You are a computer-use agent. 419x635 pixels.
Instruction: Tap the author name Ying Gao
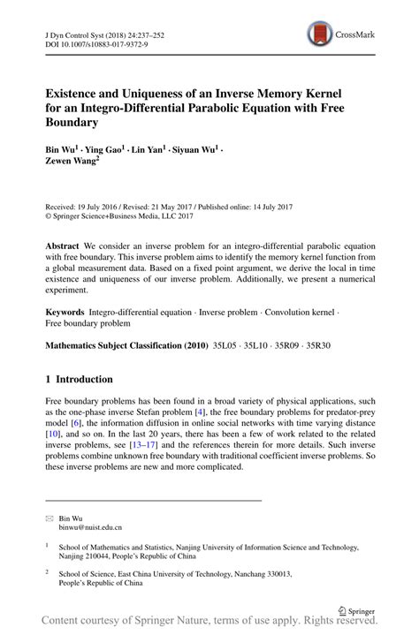[x=109, y=151]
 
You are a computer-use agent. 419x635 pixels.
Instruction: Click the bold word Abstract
[x=65, y=244]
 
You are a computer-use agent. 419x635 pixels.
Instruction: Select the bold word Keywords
[x=66, y=314]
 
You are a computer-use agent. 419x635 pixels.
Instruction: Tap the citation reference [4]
[x=201, y=412]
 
